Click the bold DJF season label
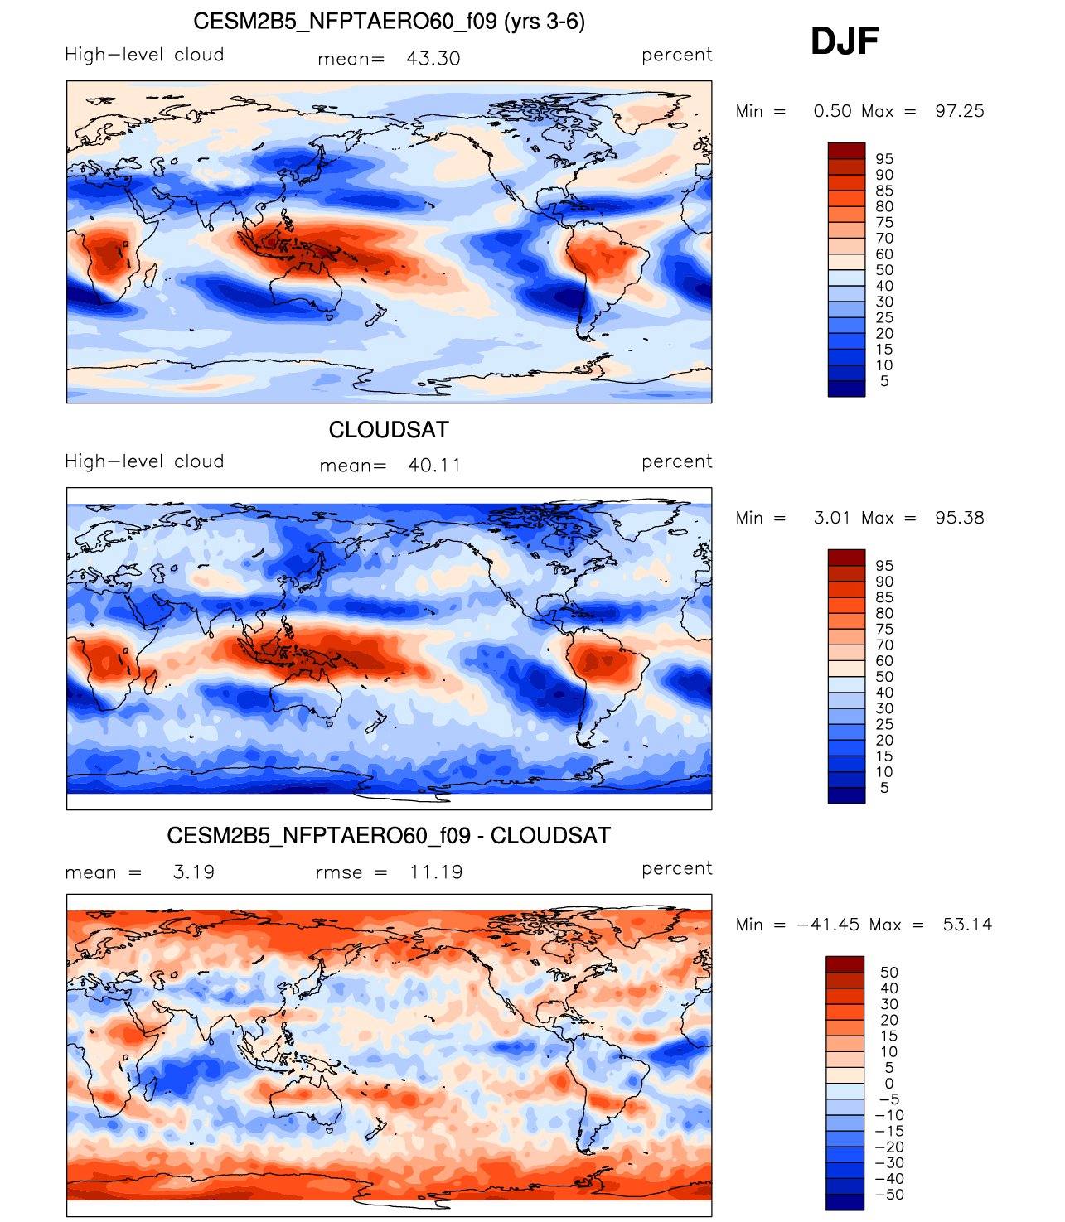(x=844, y=41)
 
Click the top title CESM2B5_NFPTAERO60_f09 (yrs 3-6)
(x=389, y=22)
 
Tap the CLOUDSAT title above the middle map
(x=389, y=429)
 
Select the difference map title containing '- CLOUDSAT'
(x=389, y=835)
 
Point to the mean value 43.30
(x=433, y=59)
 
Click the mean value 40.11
(x=434, y=466)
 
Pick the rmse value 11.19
(x=436, y=872)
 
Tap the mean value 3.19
(x=194, y=872)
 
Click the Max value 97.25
(x=959, y=111)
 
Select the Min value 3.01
(x=832, y=518)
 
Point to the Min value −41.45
(x=828, y=925)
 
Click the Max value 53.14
(x=967, y=925)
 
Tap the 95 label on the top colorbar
(x=884, y=159)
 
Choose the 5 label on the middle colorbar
(x=884, y=788)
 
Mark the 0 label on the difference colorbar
(x=888, y=1084)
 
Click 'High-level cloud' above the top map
(x=144, y=55)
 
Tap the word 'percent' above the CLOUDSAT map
(x=677, y=461)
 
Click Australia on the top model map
(x=306, y=292)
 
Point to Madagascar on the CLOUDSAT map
(x=151, y=681)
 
